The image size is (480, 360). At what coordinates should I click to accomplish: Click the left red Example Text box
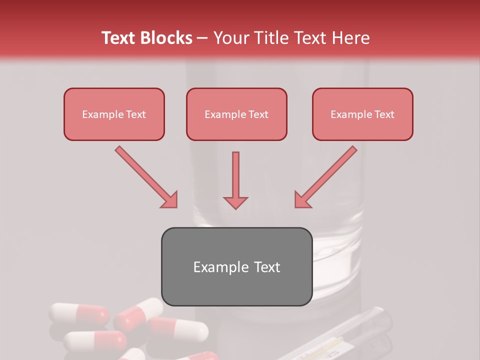[x=114, y=114]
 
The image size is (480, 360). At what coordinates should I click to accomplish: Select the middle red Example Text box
[x=236, y=114]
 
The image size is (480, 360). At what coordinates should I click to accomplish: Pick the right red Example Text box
[x=362, y=114]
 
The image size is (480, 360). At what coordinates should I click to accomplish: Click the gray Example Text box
[x=236, y=267]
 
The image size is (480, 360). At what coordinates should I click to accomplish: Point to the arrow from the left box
[x=145, y=176]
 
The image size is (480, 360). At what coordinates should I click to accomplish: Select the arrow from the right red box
[x=327, y=176]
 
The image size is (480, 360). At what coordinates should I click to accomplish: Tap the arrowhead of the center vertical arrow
[x=235, y=202]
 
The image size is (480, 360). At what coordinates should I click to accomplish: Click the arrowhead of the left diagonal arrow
[x=169, y=199]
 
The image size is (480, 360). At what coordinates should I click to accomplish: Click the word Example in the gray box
[x=214, y=267]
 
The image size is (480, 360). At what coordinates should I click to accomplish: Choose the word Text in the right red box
[x=384, y=114]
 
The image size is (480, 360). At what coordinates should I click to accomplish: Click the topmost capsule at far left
[x=79, y=313]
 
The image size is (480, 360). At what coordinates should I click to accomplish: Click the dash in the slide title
[x=202, y=38]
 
